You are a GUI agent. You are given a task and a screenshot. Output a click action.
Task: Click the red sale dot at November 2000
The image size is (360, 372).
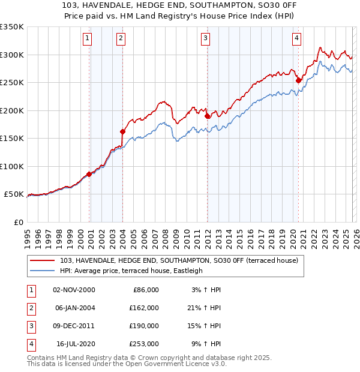[x=89, y=174]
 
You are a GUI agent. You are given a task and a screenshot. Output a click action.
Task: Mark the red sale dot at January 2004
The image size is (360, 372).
[x=122, y=131]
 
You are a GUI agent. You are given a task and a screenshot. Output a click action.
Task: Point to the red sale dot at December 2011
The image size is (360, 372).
[x=207, y=116]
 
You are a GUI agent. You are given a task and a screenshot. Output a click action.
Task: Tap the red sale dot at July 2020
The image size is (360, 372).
[x=298, y=80]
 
